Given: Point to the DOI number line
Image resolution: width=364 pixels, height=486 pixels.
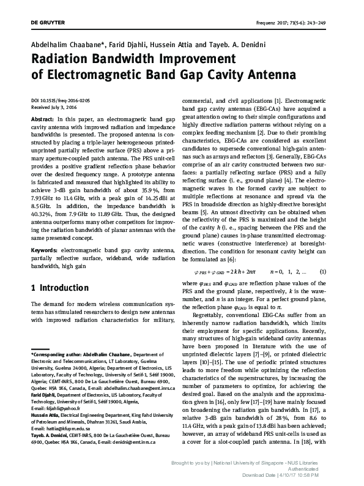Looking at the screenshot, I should tap(64, 99).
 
